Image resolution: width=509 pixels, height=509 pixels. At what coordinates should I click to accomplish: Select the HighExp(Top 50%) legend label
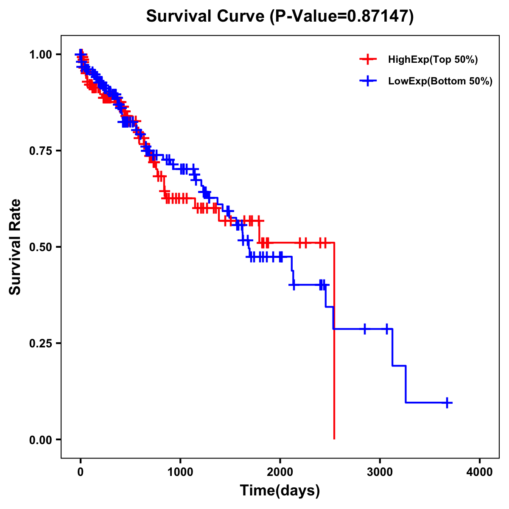[x=433, y=60]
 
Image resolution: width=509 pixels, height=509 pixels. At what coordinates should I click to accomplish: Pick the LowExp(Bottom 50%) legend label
[x=440, y=81]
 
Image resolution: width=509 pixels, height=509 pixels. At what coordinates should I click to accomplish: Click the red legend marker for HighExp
[x=368, y=59]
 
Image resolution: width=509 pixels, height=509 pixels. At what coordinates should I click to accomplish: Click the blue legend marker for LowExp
[x=368, y=81]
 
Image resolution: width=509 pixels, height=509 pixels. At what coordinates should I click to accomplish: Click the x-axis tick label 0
[x=81, y=473]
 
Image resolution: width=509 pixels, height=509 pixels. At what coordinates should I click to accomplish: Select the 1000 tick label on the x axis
[x=180, y=473]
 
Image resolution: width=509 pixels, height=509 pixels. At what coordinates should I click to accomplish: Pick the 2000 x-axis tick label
[x=280, y=473]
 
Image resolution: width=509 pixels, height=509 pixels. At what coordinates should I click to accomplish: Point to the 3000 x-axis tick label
[x=380, y=473]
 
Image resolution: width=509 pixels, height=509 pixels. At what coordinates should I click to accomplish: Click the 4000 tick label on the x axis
[x=480, y=473]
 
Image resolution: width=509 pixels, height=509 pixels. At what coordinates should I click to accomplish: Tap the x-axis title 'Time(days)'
[x=280, y=491]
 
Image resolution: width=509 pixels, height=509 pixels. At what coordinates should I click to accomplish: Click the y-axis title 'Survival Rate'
[x=15, y=247]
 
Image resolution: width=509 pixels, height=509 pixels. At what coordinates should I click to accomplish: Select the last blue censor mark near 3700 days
[x=447, y=403]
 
